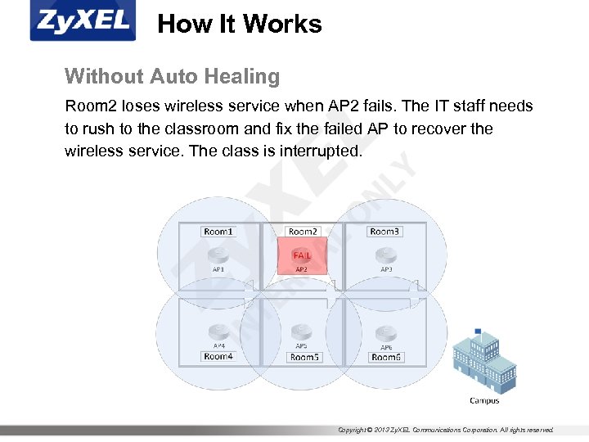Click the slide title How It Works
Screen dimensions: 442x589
tap(239, 24)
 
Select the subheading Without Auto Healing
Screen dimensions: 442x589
tap(172, 77)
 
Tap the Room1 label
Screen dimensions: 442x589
tap(218, 232)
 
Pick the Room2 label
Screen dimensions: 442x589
tap(302, 232)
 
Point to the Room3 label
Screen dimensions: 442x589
tap(384, 232)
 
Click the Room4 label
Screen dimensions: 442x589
tap(218, 356)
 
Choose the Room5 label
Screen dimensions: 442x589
tap(304, 357)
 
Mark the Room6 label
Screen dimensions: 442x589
tap(386, 357)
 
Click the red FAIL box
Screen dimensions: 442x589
tap(302, 255)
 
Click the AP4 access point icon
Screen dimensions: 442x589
tap(218, 332)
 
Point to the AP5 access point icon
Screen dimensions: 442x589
tap(302, 331)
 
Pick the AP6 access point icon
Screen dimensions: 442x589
tap(385, 332)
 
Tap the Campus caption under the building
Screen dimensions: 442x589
tap(484, 400)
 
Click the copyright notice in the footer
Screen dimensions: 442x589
tap(446, 430)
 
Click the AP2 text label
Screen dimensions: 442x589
tap(301, 268)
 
